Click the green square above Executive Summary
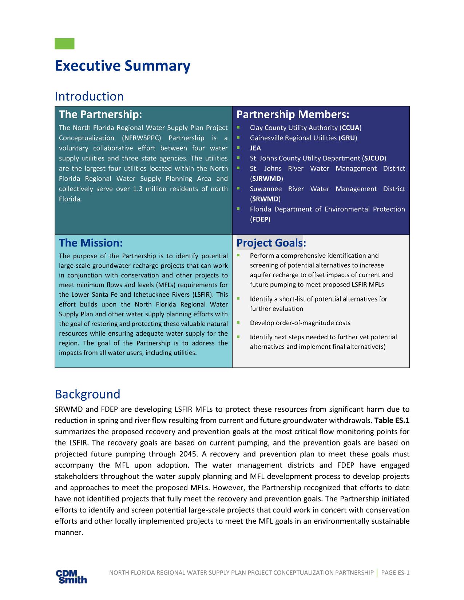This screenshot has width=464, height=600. coord(64,44)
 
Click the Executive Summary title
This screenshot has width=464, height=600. coord(122,66)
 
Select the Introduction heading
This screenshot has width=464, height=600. coord(89,96)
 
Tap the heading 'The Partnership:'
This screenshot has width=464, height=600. coord(100,115)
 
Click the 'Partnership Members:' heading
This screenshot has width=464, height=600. coord(293,115)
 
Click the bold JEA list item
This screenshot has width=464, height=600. coord(255,148)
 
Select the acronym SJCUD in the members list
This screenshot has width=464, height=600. coord(374,158)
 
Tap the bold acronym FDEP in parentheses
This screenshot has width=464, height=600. coord(260,219)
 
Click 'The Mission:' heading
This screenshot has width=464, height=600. coord(91,243)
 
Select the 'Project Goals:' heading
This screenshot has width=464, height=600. coord(271,243)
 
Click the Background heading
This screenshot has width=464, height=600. coord(87,394)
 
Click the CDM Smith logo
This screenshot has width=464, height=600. coord(71,576)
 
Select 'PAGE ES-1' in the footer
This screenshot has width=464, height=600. coord(395,573)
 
